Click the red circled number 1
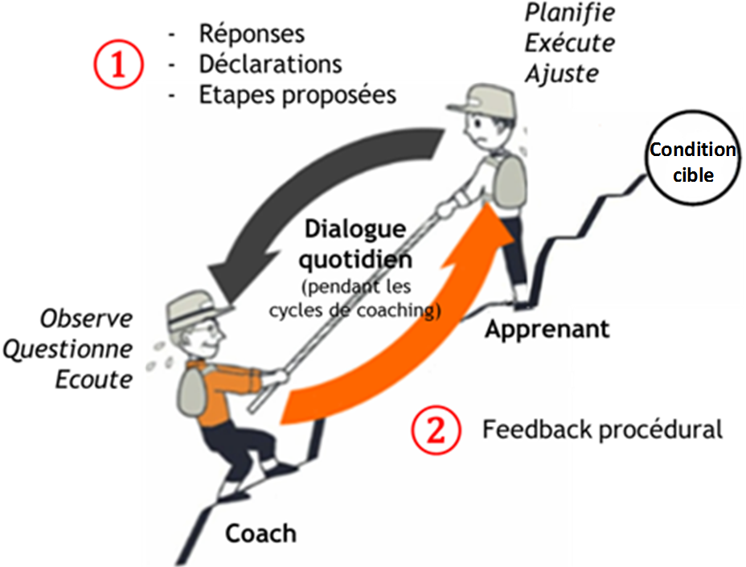(118, 64)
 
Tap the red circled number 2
(435, 430)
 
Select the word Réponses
(252, 35)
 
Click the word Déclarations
(270, 64)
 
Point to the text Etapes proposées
(297, 94)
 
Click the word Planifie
(569, 14)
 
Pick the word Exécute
(569, 43)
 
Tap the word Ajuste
(562, 73)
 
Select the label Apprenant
(547, 329)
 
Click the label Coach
(260, 532)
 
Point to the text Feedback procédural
(602, 429)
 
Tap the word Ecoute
(93, 379)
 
